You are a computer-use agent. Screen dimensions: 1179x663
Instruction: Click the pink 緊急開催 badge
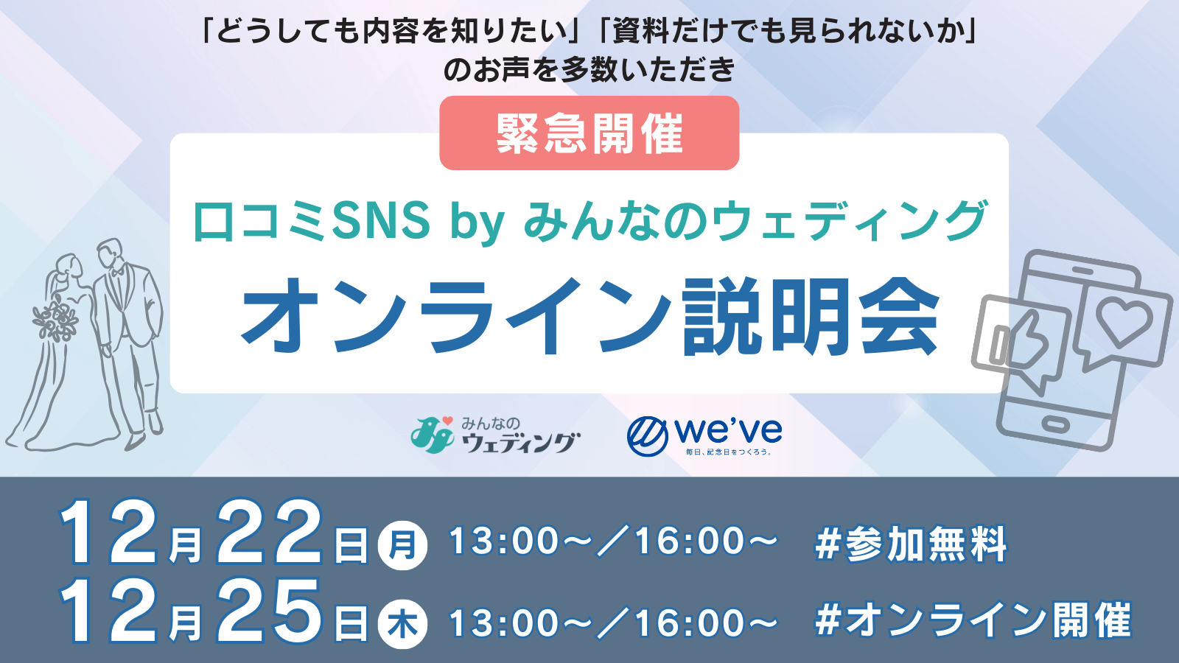(589, 133)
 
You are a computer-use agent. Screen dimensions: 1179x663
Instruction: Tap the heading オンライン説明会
(590, 317)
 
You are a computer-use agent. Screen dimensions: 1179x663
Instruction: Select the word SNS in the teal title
(382, 220)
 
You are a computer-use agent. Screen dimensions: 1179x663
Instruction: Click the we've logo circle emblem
(648, 436)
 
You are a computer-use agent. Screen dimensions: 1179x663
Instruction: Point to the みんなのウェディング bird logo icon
(432, 435)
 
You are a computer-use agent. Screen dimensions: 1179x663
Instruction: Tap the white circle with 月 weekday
(402, 545)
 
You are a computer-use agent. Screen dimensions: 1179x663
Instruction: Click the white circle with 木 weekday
(402, 624)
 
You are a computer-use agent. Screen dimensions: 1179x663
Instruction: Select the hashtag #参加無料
(911, 544)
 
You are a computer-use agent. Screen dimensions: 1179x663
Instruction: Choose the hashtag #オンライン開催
(973, 621)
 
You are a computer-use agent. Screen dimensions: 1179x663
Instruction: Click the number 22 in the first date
(269, 531)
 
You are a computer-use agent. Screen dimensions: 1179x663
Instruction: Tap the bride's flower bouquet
(55, 318)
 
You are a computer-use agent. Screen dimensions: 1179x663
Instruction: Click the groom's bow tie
(117, 272)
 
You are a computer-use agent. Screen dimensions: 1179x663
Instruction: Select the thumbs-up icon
(1021, 341)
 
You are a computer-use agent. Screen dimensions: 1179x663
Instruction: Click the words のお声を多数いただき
(589, 70)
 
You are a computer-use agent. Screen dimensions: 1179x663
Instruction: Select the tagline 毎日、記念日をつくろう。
(729, 452)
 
